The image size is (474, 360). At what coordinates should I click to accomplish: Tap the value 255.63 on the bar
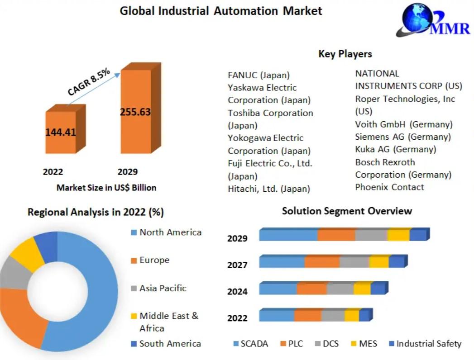pyautogui.click(x=135, y=112)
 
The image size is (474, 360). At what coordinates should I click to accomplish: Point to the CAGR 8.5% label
pyautogui.click(x=89, y=82)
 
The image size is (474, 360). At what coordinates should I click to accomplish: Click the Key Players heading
pyautogui.click(x=345, y=54)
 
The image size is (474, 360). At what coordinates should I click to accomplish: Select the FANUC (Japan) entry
pyautogui.click(x=259, y=75)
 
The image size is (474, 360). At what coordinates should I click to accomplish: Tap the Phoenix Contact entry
pyautogui.click(x=389, y=187)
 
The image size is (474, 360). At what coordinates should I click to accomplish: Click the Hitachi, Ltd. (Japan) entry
pyautogui.click(x=269, y=189)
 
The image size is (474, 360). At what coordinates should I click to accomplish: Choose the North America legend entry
pyautogui.click(x=170, y=232)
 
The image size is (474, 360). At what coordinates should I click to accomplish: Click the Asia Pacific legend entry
pyautogui.click(x=162, y=288)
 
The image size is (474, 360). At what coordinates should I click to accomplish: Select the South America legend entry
pyautogui.click(x=170, y=344)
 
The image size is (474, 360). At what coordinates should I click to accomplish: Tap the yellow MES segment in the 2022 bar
pyautogui.click(x=352, y=315)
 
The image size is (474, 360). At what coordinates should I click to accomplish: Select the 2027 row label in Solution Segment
pyautogui.click(x=237, y=265)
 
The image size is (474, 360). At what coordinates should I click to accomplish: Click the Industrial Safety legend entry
pyautogui.click(x=428, y=344)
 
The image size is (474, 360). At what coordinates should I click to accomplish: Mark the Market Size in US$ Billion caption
pyautogui.click(x=106, y=187)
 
